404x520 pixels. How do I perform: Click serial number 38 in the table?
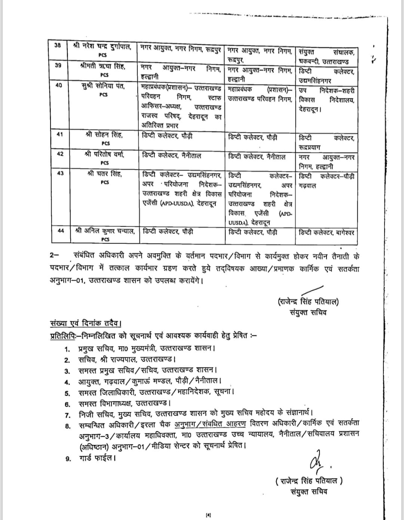pyautogui.click(x=57, y=45)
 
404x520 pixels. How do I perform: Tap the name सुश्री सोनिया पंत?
pyautogui.click(x=104, y=86)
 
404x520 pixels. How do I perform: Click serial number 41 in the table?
pyautogui.click(x=59, y=135)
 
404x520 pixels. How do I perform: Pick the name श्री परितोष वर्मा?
pyautogui.click(x=104, y=154)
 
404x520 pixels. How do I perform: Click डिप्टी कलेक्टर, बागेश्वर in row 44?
pyautogui.click(x=326, y=233)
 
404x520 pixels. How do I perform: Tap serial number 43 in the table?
pyautogui.click(x=59, y=173)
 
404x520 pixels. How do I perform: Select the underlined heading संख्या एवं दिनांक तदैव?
pyautogui.click(x=86, y=324)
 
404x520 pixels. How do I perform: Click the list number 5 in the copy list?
pyautogui.click(x=67, y=393)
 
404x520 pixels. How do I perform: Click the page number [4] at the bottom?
pyautogui.click(x=208, y=515)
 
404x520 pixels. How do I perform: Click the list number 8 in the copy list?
pyautogui.click(x=67, y=426)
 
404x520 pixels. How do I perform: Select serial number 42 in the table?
pyautogui.click(x=59, y=154)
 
